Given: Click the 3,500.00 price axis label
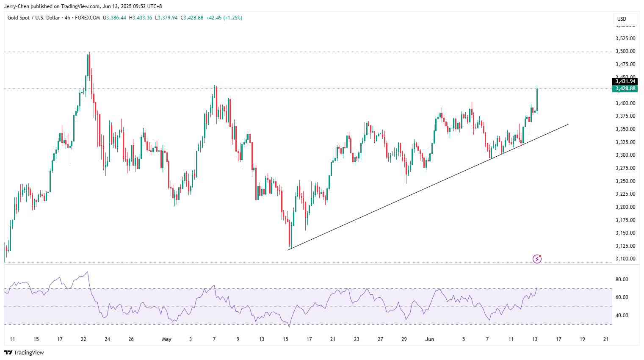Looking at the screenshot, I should click(x=625, y=51).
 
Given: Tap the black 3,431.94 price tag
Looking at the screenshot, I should click(x=625, y=81).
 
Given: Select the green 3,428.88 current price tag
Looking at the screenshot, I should click(x=625, y=89).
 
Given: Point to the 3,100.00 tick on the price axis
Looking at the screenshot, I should click(x=625, y=259).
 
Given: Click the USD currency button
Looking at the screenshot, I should click(x=622, y=19).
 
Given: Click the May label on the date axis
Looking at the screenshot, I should click(x=167, y=339).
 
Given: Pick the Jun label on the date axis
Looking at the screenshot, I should click(x=430, y=339).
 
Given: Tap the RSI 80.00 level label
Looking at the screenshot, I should click(x=622, y=280).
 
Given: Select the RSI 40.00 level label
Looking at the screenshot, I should click(x=622, y=316).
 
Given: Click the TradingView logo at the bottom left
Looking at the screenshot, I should click(x=24, y=352).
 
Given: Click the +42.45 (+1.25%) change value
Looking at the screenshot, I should click(x=224, y=18).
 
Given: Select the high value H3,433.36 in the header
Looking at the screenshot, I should click(x=140, y=18).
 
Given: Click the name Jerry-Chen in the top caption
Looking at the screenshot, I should click(x=17, y=6).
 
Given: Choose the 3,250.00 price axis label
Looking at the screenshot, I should click(x=625, y=181).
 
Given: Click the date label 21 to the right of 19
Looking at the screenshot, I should click(x=606, y=339).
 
